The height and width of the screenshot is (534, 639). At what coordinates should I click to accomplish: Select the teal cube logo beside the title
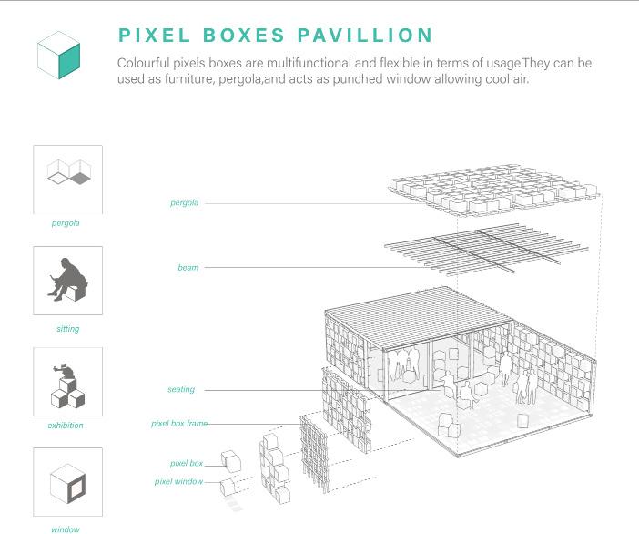(59, 54)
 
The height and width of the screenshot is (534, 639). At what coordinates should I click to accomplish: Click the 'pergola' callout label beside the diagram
(184, 202)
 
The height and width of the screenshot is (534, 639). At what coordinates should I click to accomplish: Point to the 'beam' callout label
(188, 267)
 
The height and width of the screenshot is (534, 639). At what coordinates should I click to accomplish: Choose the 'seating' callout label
(181, 389)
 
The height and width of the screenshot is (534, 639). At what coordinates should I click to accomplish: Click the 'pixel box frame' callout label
(179, 424)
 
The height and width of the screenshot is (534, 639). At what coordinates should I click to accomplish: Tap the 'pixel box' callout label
(186, 464)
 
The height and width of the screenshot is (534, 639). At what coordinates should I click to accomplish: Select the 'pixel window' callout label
(178, 480)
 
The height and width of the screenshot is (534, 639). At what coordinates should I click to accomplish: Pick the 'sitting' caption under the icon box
(67, 329)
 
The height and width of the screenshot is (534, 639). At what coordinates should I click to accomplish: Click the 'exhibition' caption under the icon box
(66, 426)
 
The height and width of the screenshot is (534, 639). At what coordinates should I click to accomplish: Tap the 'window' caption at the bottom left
(66, 529)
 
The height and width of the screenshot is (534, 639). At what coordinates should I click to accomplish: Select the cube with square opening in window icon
(69, 483)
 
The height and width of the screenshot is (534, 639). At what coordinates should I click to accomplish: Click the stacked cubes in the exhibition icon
(68, 387)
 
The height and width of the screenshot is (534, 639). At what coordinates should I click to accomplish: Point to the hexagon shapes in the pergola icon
(69, 170)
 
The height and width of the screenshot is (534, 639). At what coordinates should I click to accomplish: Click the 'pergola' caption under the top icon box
(66, 222)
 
